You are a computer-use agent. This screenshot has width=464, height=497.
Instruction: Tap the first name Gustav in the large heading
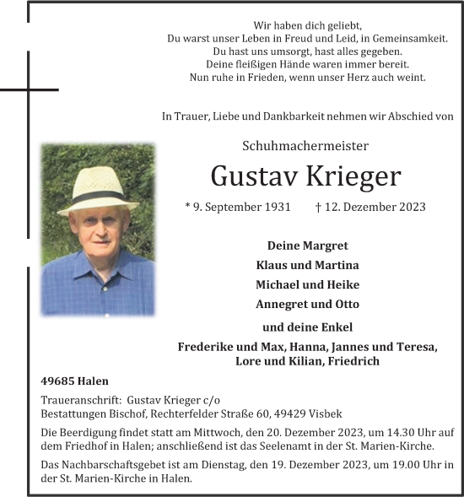[x=250, y=176]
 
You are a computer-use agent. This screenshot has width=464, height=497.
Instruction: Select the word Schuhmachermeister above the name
[x=305, y=146]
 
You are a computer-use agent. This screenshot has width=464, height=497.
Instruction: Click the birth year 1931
[x=277, y=207]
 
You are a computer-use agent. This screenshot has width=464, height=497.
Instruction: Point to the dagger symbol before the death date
[x=318, y=207]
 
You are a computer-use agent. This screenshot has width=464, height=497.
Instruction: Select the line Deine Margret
[x=307, y=246]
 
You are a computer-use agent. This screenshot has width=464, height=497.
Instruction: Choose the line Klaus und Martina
[x=307, y=265]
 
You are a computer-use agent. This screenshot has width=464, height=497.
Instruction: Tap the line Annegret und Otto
[x=307, y=304]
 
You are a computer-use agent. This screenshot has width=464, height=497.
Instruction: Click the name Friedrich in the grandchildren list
[x=352, y=361]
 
